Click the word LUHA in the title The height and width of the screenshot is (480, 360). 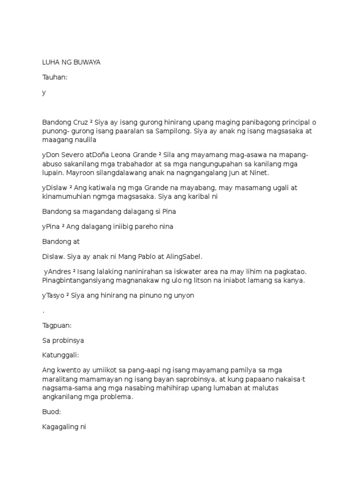50,62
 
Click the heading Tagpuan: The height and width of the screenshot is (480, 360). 57,325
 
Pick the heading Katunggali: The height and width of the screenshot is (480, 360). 62,355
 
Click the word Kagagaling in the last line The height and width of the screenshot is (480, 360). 60,427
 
